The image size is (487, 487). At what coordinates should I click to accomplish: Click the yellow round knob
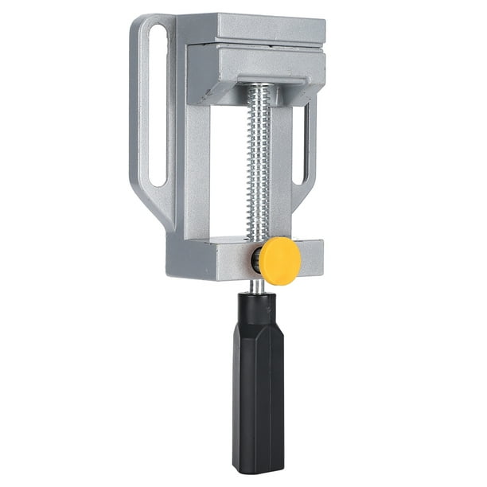coord(281,259)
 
